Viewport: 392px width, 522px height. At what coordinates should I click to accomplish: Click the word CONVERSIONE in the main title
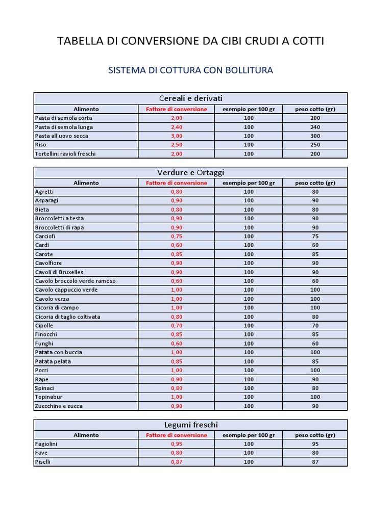153,41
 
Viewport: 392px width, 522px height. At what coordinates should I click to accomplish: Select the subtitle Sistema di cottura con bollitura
190,70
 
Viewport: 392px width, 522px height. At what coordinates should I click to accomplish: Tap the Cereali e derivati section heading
190,98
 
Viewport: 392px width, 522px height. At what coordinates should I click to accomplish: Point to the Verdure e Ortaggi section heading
190,172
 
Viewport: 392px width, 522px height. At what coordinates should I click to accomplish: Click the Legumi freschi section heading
190,425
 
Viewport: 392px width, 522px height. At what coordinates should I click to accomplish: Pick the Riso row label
40,145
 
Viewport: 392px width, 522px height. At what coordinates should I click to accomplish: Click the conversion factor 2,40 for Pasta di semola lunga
177,127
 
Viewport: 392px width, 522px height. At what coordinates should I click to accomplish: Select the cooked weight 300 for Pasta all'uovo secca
315,136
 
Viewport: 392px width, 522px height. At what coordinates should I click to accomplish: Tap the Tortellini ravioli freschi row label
65,153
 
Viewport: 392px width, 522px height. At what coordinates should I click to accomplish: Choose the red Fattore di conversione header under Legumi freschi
177,435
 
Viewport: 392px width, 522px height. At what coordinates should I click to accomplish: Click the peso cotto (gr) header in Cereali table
315,109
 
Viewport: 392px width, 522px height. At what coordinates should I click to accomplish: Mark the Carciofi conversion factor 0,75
177,237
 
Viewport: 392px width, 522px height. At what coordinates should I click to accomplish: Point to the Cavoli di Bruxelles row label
59,272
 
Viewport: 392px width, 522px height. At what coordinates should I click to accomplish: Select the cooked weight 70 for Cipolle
315,326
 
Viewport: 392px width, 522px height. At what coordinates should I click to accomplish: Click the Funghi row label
44,344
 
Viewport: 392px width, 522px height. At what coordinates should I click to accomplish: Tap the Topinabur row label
48,397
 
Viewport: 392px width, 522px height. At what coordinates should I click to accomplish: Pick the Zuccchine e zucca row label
58,406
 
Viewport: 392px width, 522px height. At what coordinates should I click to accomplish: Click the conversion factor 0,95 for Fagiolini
177,444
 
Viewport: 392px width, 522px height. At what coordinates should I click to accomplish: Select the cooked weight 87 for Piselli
315,462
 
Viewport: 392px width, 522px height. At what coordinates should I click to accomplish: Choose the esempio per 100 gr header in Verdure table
249,183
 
